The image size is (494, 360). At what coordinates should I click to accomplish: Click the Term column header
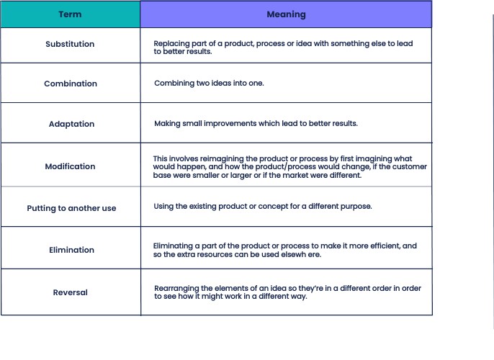pyautogui.click(x=70, y=14)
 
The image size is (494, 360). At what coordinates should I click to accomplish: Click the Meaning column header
pyautogui.click(x=286, y=14)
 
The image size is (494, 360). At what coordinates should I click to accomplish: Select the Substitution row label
pyautogui.click(x=70, y=44)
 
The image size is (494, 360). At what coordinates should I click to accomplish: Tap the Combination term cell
pyautogui.click(x=71, y=84)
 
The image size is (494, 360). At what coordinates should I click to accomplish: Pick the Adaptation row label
pyautogui.click(x=71, y=124)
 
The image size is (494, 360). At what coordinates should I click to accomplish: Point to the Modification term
pyautogui.click(x=70, y=166)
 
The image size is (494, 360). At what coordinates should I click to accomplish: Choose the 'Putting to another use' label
pyautogui.click(x=71, y=208)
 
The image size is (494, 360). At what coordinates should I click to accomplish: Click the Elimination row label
pyautogui.click(x=71, y=250)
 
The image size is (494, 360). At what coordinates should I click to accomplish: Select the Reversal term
pyautogui.click(x=71, y=292)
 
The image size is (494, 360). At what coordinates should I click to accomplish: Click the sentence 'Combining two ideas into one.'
pyautogui.click(x=209, y=84)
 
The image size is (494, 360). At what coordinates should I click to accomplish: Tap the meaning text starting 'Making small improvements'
pyautogui.click(x=256, y=123)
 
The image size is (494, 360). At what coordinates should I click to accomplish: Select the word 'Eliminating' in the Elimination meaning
pyautogui.click(x=174, y=246)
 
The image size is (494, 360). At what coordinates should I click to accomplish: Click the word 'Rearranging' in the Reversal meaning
pyautogui.click(x=176, y=288)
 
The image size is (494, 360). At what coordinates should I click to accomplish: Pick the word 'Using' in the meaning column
pyautogui.click(x=163, y=206)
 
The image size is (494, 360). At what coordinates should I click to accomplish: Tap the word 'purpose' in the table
pyautogui.click(x=356, y=206)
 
